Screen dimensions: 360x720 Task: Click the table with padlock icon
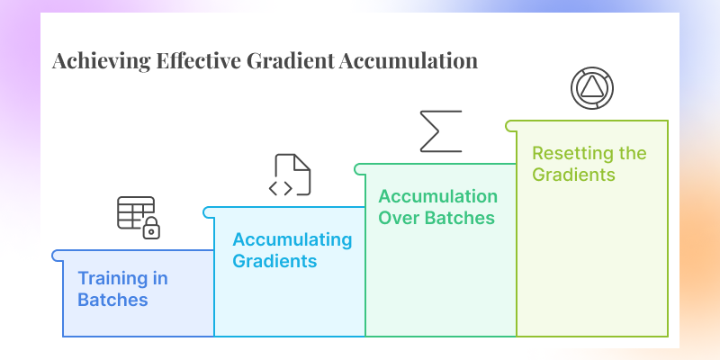[138, 216]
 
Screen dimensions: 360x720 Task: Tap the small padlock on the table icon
[152, 230]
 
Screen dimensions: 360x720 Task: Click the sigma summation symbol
[441, 130]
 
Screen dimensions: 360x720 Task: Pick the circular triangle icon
[592, 87]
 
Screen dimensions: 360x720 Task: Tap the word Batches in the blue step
[112, 299]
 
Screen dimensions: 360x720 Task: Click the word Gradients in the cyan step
[274, 261]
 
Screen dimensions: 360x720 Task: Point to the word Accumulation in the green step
[437, 196]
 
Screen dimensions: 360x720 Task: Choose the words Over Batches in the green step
[437, 217]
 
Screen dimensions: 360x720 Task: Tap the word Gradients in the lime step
[573, 174]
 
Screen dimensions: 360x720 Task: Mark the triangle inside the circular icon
[592, 87]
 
